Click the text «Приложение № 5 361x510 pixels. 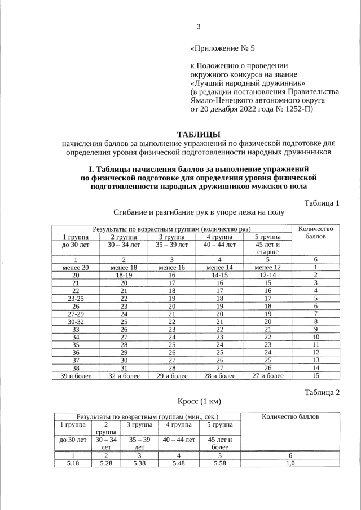click(x=223, y=48)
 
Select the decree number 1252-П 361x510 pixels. click(x=294, y=109)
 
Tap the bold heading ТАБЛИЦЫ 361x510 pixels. click(x=199, y=134)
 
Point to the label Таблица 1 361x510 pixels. click(x=322, y=203)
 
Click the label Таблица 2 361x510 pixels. click(x=322, y=393)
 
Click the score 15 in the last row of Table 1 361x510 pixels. click(x=316, y=375)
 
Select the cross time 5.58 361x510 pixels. click(x=217, y=463)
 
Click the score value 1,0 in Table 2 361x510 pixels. click(x=290, y=463)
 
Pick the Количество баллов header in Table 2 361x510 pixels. click(x=290, y=416)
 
